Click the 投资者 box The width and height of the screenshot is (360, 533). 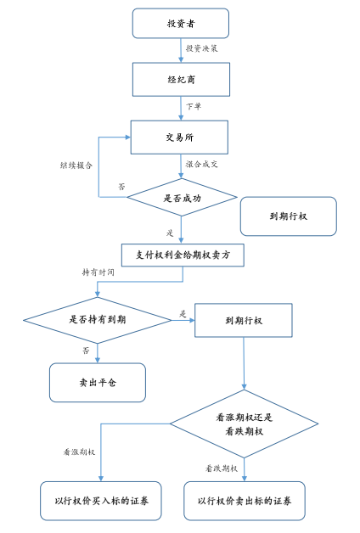click(180, 23)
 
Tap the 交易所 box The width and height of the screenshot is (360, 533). click(179, 137)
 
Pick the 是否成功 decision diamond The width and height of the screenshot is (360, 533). click(182, 198)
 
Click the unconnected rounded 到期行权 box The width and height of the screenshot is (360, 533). click(288, 216)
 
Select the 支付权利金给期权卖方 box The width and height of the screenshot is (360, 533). click(182, 254)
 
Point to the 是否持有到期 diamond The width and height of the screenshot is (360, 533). click(98, 320)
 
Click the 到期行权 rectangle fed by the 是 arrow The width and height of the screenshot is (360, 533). click(244, 321)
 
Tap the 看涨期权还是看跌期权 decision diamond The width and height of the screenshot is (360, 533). click(245, 424)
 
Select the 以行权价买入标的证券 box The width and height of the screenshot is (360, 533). click(100, 501)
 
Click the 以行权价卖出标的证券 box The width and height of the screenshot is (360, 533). click(245, 501)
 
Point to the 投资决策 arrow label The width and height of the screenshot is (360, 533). click(202, 49)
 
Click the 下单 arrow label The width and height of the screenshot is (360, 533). click(194, 107)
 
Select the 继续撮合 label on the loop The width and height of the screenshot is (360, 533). click(76, 165)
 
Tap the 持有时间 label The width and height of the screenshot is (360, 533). click(98, 273)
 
